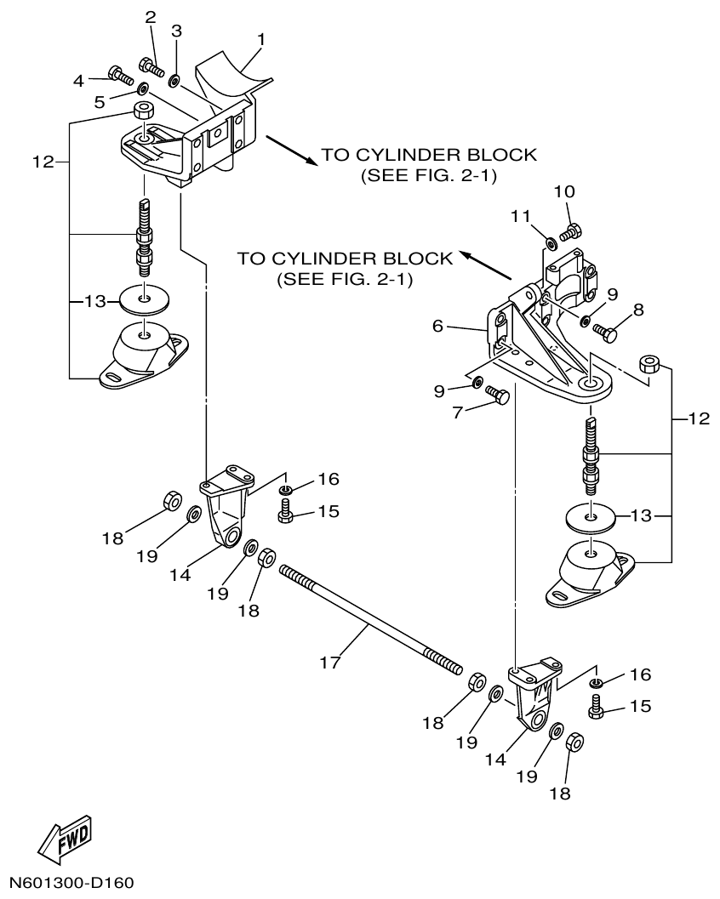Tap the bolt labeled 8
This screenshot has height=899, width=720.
[x=604, y=332]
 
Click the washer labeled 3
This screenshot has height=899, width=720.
[x=174, y=81]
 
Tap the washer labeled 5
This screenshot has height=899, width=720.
[x=142, y=88]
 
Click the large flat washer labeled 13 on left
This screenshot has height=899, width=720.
[x=145, y=299]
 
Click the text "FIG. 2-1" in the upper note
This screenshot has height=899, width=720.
[x=449, y=176]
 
